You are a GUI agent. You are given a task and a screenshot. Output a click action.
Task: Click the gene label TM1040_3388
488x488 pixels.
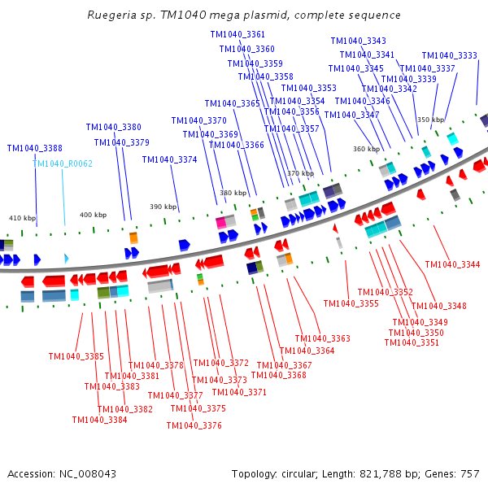coord(34,148)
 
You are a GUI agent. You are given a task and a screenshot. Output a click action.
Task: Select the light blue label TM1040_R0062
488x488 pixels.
coord(63,163)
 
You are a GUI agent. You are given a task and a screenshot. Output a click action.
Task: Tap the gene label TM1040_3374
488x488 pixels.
coord(169,159)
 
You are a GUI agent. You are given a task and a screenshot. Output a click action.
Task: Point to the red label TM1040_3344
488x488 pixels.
coord(452,264)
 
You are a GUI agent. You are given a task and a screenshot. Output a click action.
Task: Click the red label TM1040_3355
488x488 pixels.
coord(351,303)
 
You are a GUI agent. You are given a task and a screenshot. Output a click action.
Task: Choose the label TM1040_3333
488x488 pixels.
coord(449,55)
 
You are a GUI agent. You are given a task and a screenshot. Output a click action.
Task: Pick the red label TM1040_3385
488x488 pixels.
coord(76,356)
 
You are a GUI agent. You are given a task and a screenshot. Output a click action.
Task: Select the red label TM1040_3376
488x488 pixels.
coord(194,425)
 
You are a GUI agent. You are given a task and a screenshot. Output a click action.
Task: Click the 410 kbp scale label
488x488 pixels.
coord(23,218)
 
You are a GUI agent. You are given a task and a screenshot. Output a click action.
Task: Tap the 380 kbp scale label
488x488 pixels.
coord(233,193)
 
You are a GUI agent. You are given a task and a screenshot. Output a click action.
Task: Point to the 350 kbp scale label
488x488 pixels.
coord(430,120)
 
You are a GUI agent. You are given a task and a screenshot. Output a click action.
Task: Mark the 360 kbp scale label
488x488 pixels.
coord(366,149)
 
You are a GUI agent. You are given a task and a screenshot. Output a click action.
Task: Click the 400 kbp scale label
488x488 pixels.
coord(92,214)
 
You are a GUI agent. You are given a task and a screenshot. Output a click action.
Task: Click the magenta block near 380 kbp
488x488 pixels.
coord(220,221)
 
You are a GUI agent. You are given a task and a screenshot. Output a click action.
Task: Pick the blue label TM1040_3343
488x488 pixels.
coord(358,41)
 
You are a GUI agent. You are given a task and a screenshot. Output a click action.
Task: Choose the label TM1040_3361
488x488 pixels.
coord(237,34)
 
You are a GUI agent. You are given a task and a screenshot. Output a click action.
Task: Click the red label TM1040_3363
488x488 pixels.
coord(322,338)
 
